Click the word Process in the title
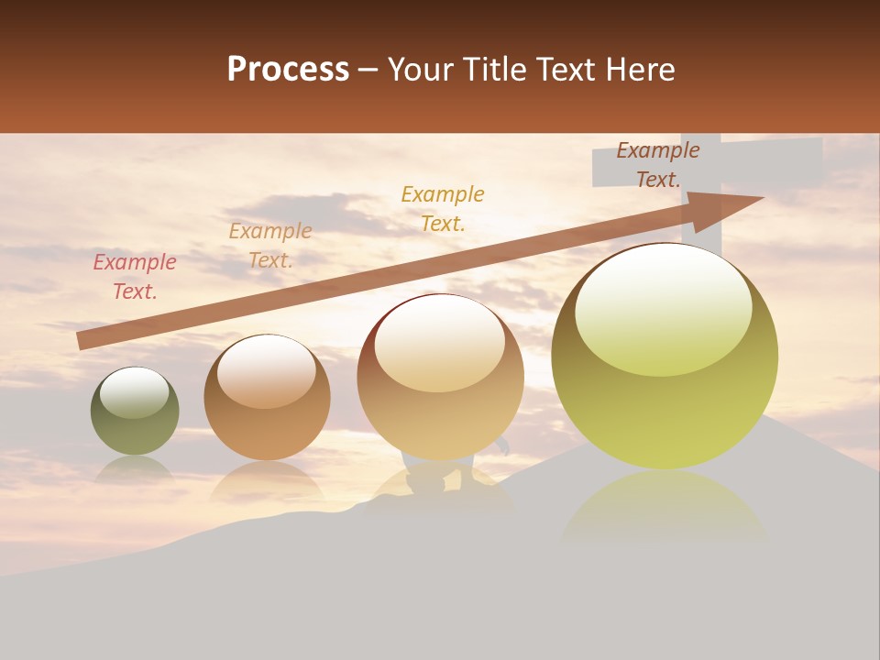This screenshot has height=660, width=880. [x=288, y=70]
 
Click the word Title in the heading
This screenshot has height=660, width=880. [x=493, y=70]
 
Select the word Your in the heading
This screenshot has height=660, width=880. [x=420, y=70]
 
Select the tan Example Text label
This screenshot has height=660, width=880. [x=270, y=246]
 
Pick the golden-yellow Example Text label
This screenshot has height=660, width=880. [x=443, y=208]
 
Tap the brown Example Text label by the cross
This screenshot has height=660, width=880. [x=657, y=165]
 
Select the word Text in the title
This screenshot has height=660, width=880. [x=565, y=70]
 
